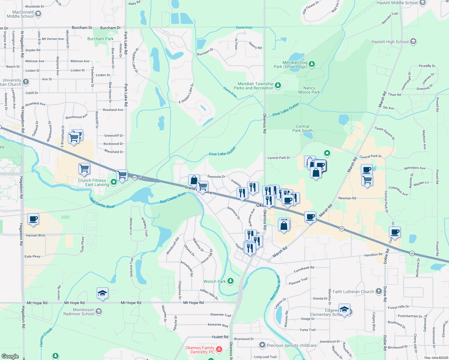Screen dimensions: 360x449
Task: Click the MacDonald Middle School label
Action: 20,14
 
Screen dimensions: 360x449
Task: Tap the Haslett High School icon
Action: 413,41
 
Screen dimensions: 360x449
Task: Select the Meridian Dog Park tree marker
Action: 312,64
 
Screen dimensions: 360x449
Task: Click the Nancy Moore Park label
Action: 309,90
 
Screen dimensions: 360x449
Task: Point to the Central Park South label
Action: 303,128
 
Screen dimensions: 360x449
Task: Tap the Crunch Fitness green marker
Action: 113,182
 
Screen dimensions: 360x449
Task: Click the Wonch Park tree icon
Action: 231,281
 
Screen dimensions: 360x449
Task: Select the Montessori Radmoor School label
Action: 79,312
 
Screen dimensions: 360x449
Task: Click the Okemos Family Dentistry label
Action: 200,350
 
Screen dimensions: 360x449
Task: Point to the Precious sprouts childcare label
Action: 291,345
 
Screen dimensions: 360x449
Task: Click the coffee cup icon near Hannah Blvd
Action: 33,219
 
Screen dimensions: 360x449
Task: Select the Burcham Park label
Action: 100,39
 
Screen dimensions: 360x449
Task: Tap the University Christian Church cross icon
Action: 26,82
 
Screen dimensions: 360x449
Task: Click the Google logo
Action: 10,356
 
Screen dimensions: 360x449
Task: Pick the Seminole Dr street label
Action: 216,177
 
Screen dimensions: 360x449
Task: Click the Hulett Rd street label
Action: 220,337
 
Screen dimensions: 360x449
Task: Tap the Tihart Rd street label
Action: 394,94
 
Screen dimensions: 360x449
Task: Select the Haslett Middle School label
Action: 397,3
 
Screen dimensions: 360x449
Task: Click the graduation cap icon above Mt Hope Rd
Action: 102,293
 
